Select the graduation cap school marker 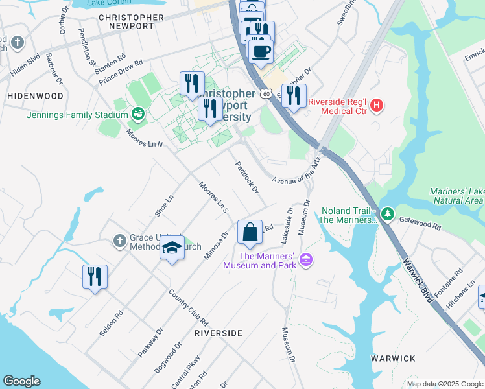(172, 248)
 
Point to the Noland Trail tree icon (387, 213)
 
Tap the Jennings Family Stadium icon (138, 115)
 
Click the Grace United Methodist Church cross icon (119, 242)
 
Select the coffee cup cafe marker (261, 51)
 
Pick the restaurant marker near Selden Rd (95, 277)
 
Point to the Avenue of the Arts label (296, 172)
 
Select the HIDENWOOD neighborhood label (35, 96)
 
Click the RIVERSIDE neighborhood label (219, 333)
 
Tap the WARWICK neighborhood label (393, 358)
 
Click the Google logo (22, 381)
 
